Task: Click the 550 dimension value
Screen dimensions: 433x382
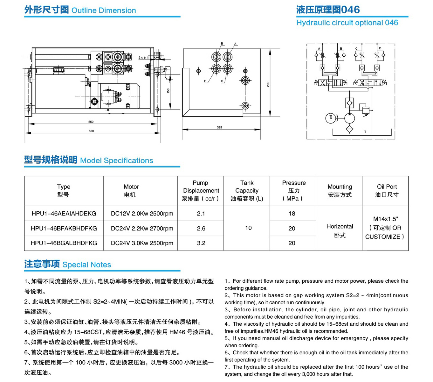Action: pyautogui.click(x=91, y=122)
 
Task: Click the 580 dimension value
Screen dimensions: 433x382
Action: pyautogui.click(x=91, y=131)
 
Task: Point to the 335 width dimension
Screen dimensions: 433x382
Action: pyautogui.click(x=219, y=127)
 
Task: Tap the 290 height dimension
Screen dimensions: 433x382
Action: pyautogui.click(x=268, y=84)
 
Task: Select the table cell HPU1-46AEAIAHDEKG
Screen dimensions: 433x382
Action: pyautogui.click(x=64, y=213)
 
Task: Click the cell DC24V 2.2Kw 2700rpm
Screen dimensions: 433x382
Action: pyautogui.click(x=142, y=228)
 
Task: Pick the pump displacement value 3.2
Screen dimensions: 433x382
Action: pyautogui.click(x=201, y=243)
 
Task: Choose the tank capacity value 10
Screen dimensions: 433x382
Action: pyautogui.click(x=248, y=228)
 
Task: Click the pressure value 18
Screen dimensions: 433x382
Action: pyautogui.click(x=292, y=213)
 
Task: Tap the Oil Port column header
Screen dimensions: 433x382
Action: pyautogui.click(x=387, y=190)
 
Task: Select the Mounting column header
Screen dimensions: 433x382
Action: pyautogui.click(x=340, y=190)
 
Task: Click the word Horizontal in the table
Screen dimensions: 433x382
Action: pyautogui.click(x=340, y=226)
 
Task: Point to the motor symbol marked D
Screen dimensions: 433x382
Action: pyautogui.click(x=331, y=118)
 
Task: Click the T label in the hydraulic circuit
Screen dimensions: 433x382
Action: pyautogui.click(x=365, y=131)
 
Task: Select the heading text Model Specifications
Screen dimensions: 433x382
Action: pyautogui.click(x=116, y=160)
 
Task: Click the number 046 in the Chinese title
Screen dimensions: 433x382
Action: pyautogui.click(x=351, y=10)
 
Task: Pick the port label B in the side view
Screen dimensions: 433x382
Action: pyautogui.click(x=222, y=43)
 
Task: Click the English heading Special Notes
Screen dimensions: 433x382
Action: pyautogui.click(x=86, y=265)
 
